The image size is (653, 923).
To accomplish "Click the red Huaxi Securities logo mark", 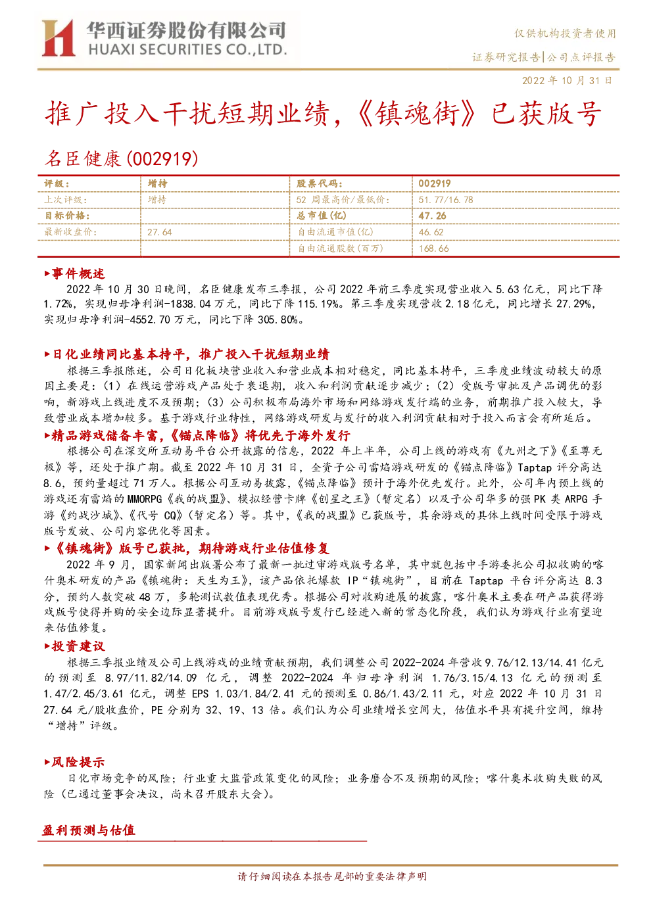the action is tap(59, 38).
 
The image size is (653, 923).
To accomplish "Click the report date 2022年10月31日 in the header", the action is tap(567, 80).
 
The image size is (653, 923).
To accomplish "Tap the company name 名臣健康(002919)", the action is tap(121, 158).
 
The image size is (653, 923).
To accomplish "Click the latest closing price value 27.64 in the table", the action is tap(160, 233).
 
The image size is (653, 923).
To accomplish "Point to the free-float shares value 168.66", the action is tap(433, 248).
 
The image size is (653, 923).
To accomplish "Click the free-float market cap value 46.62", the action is tap(431, 233).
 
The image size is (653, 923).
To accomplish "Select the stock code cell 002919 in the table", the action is tap(435, 184).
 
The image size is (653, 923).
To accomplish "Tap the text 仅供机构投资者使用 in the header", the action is tap(565, 34).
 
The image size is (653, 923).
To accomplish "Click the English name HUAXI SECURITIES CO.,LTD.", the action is tap(188, 50).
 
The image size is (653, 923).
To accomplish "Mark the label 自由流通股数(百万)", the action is tap(341, 248).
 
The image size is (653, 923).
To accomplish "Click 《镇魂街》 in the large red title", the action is tap(416, 114).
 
